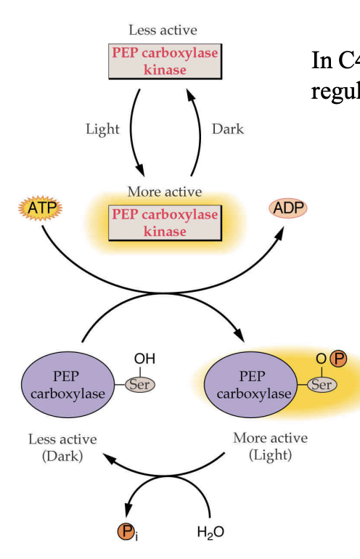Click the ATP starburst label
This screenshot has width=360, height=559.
coord(41,209)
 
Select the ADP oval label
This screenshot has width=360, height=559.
coord(288,208)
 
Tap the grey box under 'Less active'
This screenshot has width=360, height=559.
coord(164,62)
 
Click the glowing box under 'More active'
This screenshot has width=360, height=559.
coord(164,223)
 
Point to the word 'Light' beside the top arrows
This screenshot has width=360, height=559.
coord(102,129)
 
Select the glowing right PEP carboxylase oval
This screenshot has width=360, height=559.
coord(251,385)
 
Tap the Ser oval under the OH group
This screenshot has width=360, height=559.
coord(139,385)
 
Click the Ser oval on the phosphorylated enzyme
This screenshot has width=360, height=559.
coord(322,385)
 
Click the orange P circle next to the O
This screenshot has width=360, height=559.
coord(338,359)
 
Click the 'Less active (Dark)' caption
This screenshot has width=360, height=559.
coord(62,447)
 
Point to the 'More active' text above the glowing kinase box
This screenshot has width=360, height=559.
coord(165,192)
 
